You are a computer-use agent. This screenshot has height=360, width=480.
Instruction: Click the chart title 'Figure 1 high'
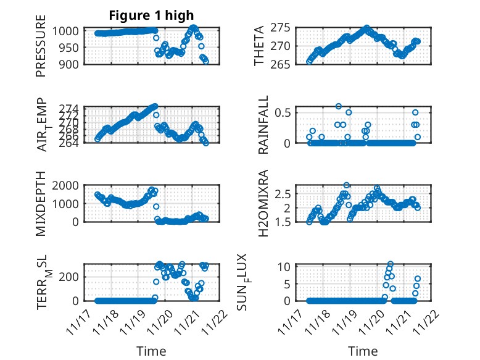click(151, 15)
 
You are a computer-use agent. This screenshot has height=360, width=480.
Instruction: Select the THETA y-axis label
click(260, 46)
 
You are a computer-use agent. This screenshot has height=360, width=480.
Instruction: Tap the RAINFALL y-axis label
click(263, 125)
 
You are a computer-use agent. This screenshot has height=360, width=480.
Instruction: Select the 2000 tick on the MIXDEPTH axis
click(72, 185)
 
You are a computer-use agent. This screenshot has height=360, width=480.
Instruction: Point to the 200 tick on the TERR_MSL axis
click(77, 276)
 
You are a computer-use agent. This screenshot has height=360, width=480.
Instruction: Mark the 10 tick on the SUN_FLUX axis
click(293, 267)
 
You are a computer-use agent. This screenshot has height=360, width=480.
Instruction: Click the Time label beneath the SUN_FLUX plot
click(363, 351)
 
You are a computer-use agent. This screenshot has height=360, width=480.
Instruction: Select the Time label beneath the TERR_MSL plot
click(151, 351)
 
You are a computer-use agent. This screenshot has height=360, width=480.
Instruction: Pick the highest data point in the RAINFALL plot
click(339, 107)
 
